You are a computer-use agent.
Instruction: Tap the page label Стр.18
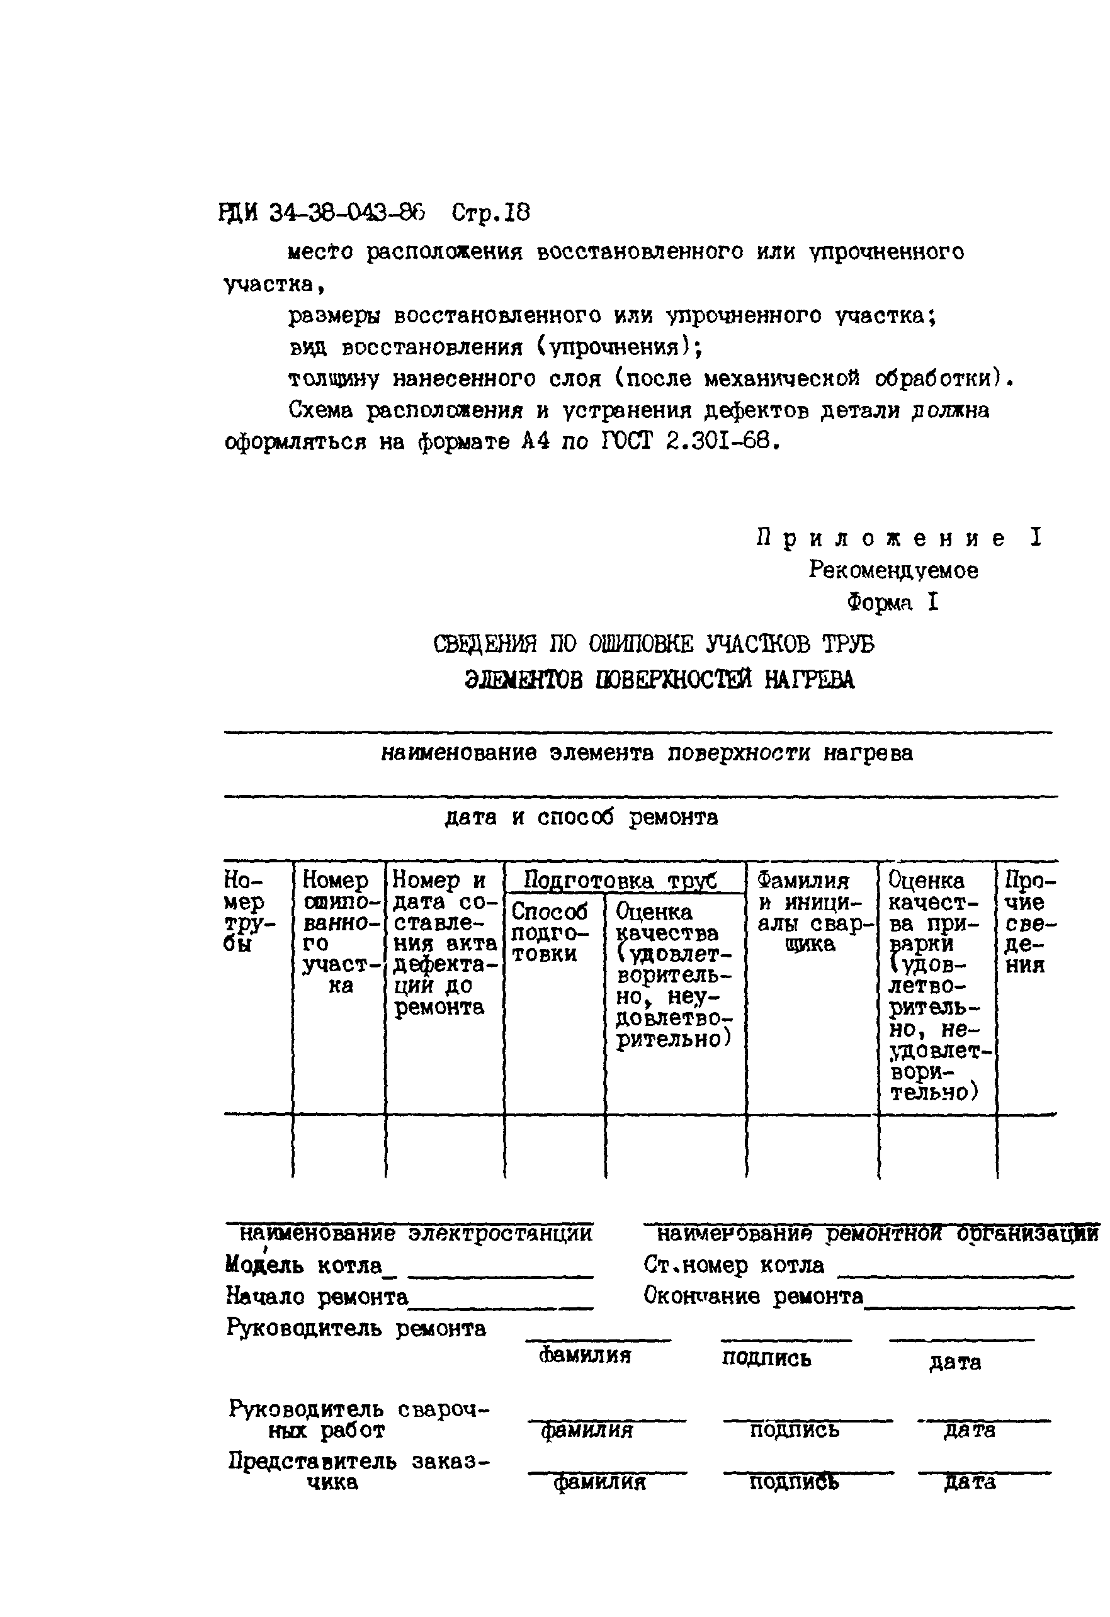pyautogui.click(x=490, y=212)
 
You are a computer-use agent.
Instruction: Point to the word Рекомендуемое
pyautogui.click(x=893, y=570)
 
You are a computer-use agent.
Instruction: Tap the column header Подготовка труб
pyautogui.click(x=620, y=881)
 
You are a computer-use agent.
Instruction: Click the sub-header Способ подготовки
pyautogui.click(x=549, y=932)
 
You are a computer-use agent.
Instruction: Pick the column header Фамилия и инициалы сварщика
pyautogui.click(x=808, y=912)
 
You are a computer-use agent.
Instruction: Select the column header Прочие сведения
pyautogui.click(x=1029, y=923)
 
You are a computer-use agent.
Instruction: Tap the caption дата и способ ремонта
pyautogui.click(x=580, y=817)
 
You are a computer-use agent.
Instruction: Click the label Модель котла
pyautogui.click(x=303, y=1265)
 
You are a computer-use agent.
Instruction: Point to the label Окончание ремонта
pyautogui.click(x=752, y=1296)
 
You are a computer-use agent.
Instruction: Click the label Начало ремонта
pyautogui.click(x=317, y=1296)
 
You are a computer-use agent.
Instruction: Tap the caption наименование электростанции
pyautogui.click(x=416, y=1234)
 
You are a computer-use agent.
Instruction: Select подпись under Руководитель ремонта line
pyautogui.click(x=766, y=1358)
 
